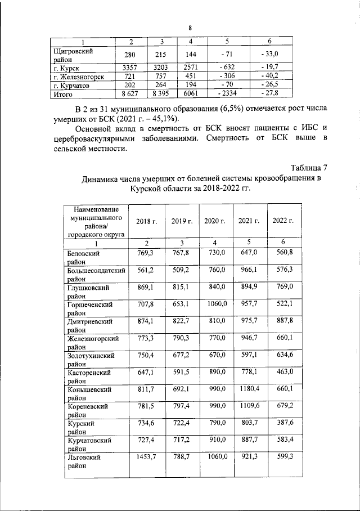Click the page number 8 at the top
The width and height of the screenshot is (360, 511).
[190, 28]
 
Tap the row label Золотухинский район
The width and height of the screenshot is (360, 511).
[91, 360]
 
